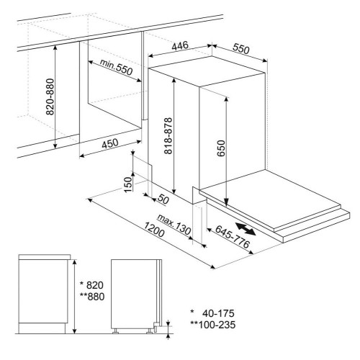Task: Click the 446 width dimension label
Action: tap(180, 45)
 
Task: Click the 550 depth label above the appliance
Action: tap(241, 49)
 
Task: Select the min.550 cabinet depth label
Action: tap(116, 67)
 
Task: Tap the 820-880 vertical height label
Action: tap(50, 96)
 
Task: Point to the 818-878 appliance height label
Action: tap(168, 135)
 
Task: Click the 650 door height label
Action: tap(221, 148)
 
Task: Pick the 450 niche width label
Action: tap(110, 143)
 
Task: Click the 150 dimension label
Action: tap(128, 184)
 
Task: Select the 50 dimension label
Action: tap(163, 199)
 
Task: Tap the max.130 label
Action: tap(174, 225)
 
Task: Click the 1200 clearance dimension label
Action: tap(154, 230)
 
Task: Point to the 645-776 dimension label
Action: tap(233, 237)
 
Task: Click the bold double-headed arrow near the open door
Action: tap(246, 229)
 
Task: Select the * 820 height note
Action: tap(91, 285)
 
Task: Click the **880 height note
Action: tap(92, 297)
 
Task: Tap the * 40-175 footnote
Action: tap(212, 313)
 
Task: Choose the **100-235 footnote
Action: tap(213, 325)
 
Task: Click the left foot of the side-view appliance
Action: tap(116, 331)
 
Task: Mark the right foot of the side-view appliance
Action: tap(149, 331)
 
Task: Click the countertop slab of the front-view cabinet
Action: tap(45, 257)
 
